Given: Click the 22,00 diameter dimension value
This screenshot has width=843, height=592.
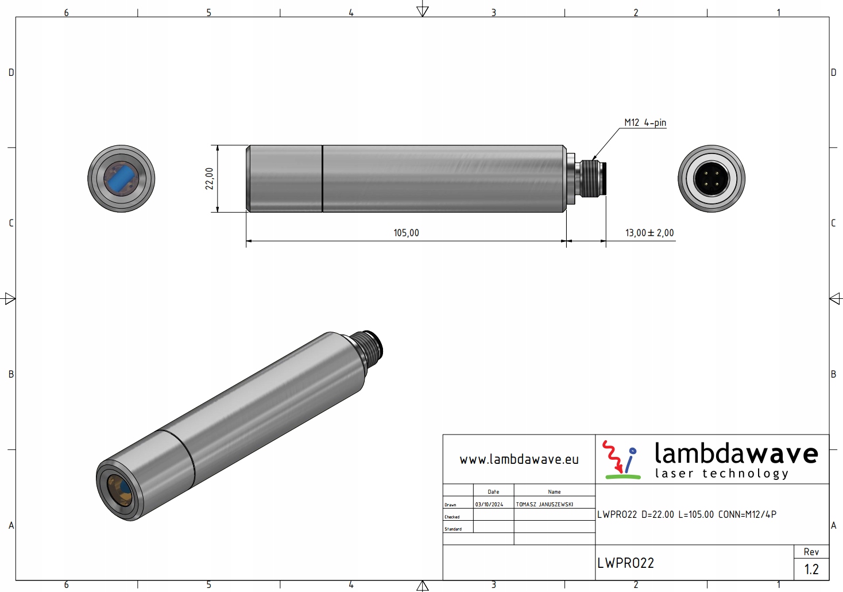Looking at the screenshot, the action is click(x=210, y=178).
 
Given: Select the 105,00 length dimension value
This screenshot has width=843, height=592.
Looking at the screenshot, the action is click(x=406, y=233).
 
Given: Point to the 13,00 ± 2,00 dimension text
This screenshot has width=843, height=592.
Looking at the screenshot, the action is click(x=649, y=233).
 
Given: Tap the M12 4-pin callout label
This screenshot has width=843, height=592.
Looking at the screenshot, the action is click(x=645, y=122).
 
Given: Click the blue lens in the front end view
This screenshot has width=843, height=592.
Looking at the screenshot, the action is click(x=121, y=178).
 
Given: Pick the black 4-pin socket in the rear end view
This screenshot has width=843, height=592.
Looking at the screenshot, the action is click(x=711, y=179).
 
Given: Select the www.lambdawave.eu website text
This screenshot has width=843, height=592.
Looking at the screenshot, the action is click(x=519, y=459).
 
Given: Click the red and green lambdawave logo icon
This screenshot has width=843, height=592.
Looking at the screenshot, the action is click(x=621, y=459).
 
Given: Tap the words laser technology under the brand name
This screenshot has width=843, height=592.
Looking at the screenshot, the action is click(x=722, y=474).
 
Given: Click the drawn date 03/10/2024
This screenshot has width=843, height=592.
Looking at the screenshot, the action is click(x=489, y=505).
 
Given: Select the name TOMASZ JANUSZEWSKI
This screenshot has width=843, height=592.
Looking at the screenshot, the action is click(x=544, y=505).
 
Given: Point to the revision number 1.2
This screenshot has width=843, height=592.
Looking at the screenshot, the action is click(x=811, y=570).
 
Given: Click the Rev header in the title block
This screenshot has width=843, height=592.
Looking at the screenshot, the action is click(x=811, y=552).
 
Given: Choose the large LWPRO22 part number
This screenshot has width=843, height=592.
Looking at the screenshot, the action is click(x=625, y=563).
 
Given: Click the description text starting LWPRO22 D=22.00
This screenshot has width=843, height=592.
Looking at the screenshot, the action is click(x=687, y=514).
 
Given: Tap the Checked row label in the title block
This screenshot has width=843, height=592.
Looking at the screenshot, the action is click(x=452, y=517).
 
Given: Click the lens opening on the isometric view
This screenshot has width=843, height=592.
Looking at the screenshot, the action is click(x=119, y=490).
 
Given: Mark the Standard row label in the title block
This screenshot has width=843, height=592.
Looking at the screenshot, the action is click(x=453, y=529).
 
